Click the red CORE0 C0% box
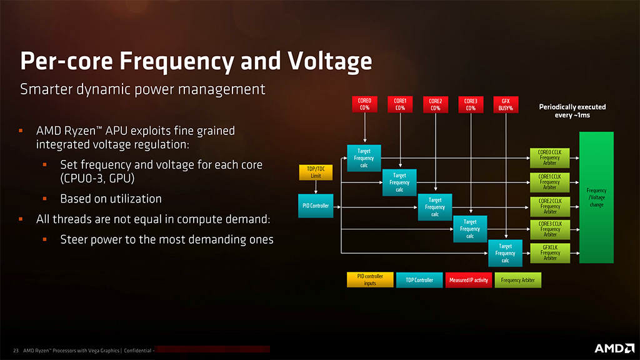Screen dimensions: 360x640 click(x=364, y=104)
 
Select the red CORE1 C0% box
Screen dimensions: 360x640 click(x=400, y=104)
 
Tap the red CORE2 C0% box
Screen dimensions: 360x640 click(x=435, y=104)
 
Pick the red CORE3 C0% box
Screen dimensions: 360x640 click(x=470, y=104)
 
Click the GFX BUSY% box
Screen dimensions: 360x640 click(x=506, y=104)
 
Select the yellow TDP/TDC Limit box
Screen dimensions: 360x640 click(x=316, y=172)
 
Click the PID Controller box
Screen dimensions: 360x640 click(x=316, y=206)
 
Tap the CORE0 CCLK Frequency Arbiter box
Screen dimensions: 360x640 click(x=550, y=158)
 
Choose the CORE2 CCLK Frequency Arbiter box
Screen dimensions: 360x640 click(x=550, y=206)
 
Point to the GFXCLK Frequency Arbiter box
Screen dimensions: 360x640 click(x=550, y=253)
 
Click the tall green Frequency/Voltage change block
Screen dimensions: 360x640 click(x=596, y=197)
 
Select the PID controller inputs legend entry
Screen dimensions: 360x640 click(x=370, y=279)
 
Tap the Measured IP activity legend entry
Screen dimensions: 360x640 click(x=468, y=280)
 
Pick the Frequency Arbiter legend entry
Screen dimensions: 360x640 click(x=518, y=280)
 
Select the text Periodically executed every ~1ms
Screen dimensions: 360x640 click(x=572, y=111)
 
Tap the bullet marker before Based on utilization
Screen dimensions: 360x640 click(x=45, y=199)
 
